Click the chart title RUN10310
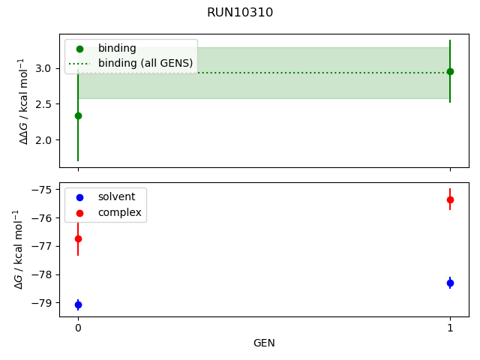[240, 13]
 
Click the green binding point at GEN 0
[78, 115]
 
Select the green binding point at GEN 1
[450, 71]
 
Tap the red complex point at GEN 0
[78, 238]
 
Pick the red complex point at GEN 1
[450, 199]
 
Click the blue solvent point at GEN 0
[78, 304]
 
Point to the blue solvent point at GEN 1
[450, 283]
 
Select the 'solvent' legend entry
[117, 196]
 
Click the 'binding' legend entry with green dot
[117, 49]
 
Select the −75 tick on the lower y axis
[42, 190]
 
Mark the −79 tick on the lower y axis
[42, 303]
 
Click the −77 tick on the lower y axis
[42, 246]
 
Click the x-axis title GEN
[264, 343]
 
